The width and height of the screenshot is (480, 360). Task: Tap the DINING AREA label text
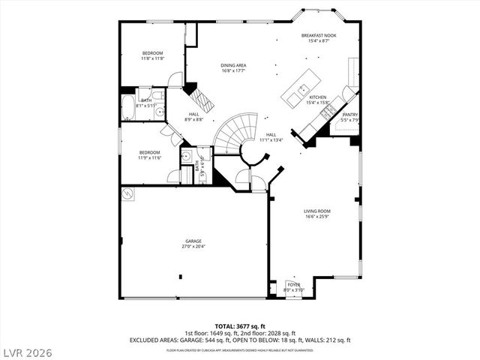tap(233, 65)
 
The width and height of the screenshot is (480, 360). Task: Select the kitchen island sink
tap(303, 89)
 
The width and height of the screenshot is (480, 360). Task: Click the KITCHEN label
tap(318, 97)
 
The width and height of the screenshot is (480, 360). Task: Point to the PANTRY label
tap(350, 115)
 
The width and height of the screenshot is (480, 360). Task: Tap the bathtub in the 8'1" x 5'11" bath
tap(127, 106)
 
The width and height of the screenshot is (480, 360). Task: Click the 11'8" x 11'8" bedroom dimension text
tap(153, 58)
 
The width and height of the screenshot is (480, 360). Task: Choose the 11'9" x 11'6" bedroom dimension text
tap(149, 158)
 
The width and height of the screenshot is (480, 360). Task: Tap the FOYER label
tap(294, 285)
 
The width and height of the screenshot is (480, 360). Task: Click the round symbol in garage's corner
tap(127, 193)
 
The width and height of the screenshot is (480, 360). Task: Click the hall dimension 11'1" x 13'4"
tap(271, 139)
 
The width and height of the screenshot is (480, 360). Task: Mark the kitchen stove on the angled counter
tap(328, 112)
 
